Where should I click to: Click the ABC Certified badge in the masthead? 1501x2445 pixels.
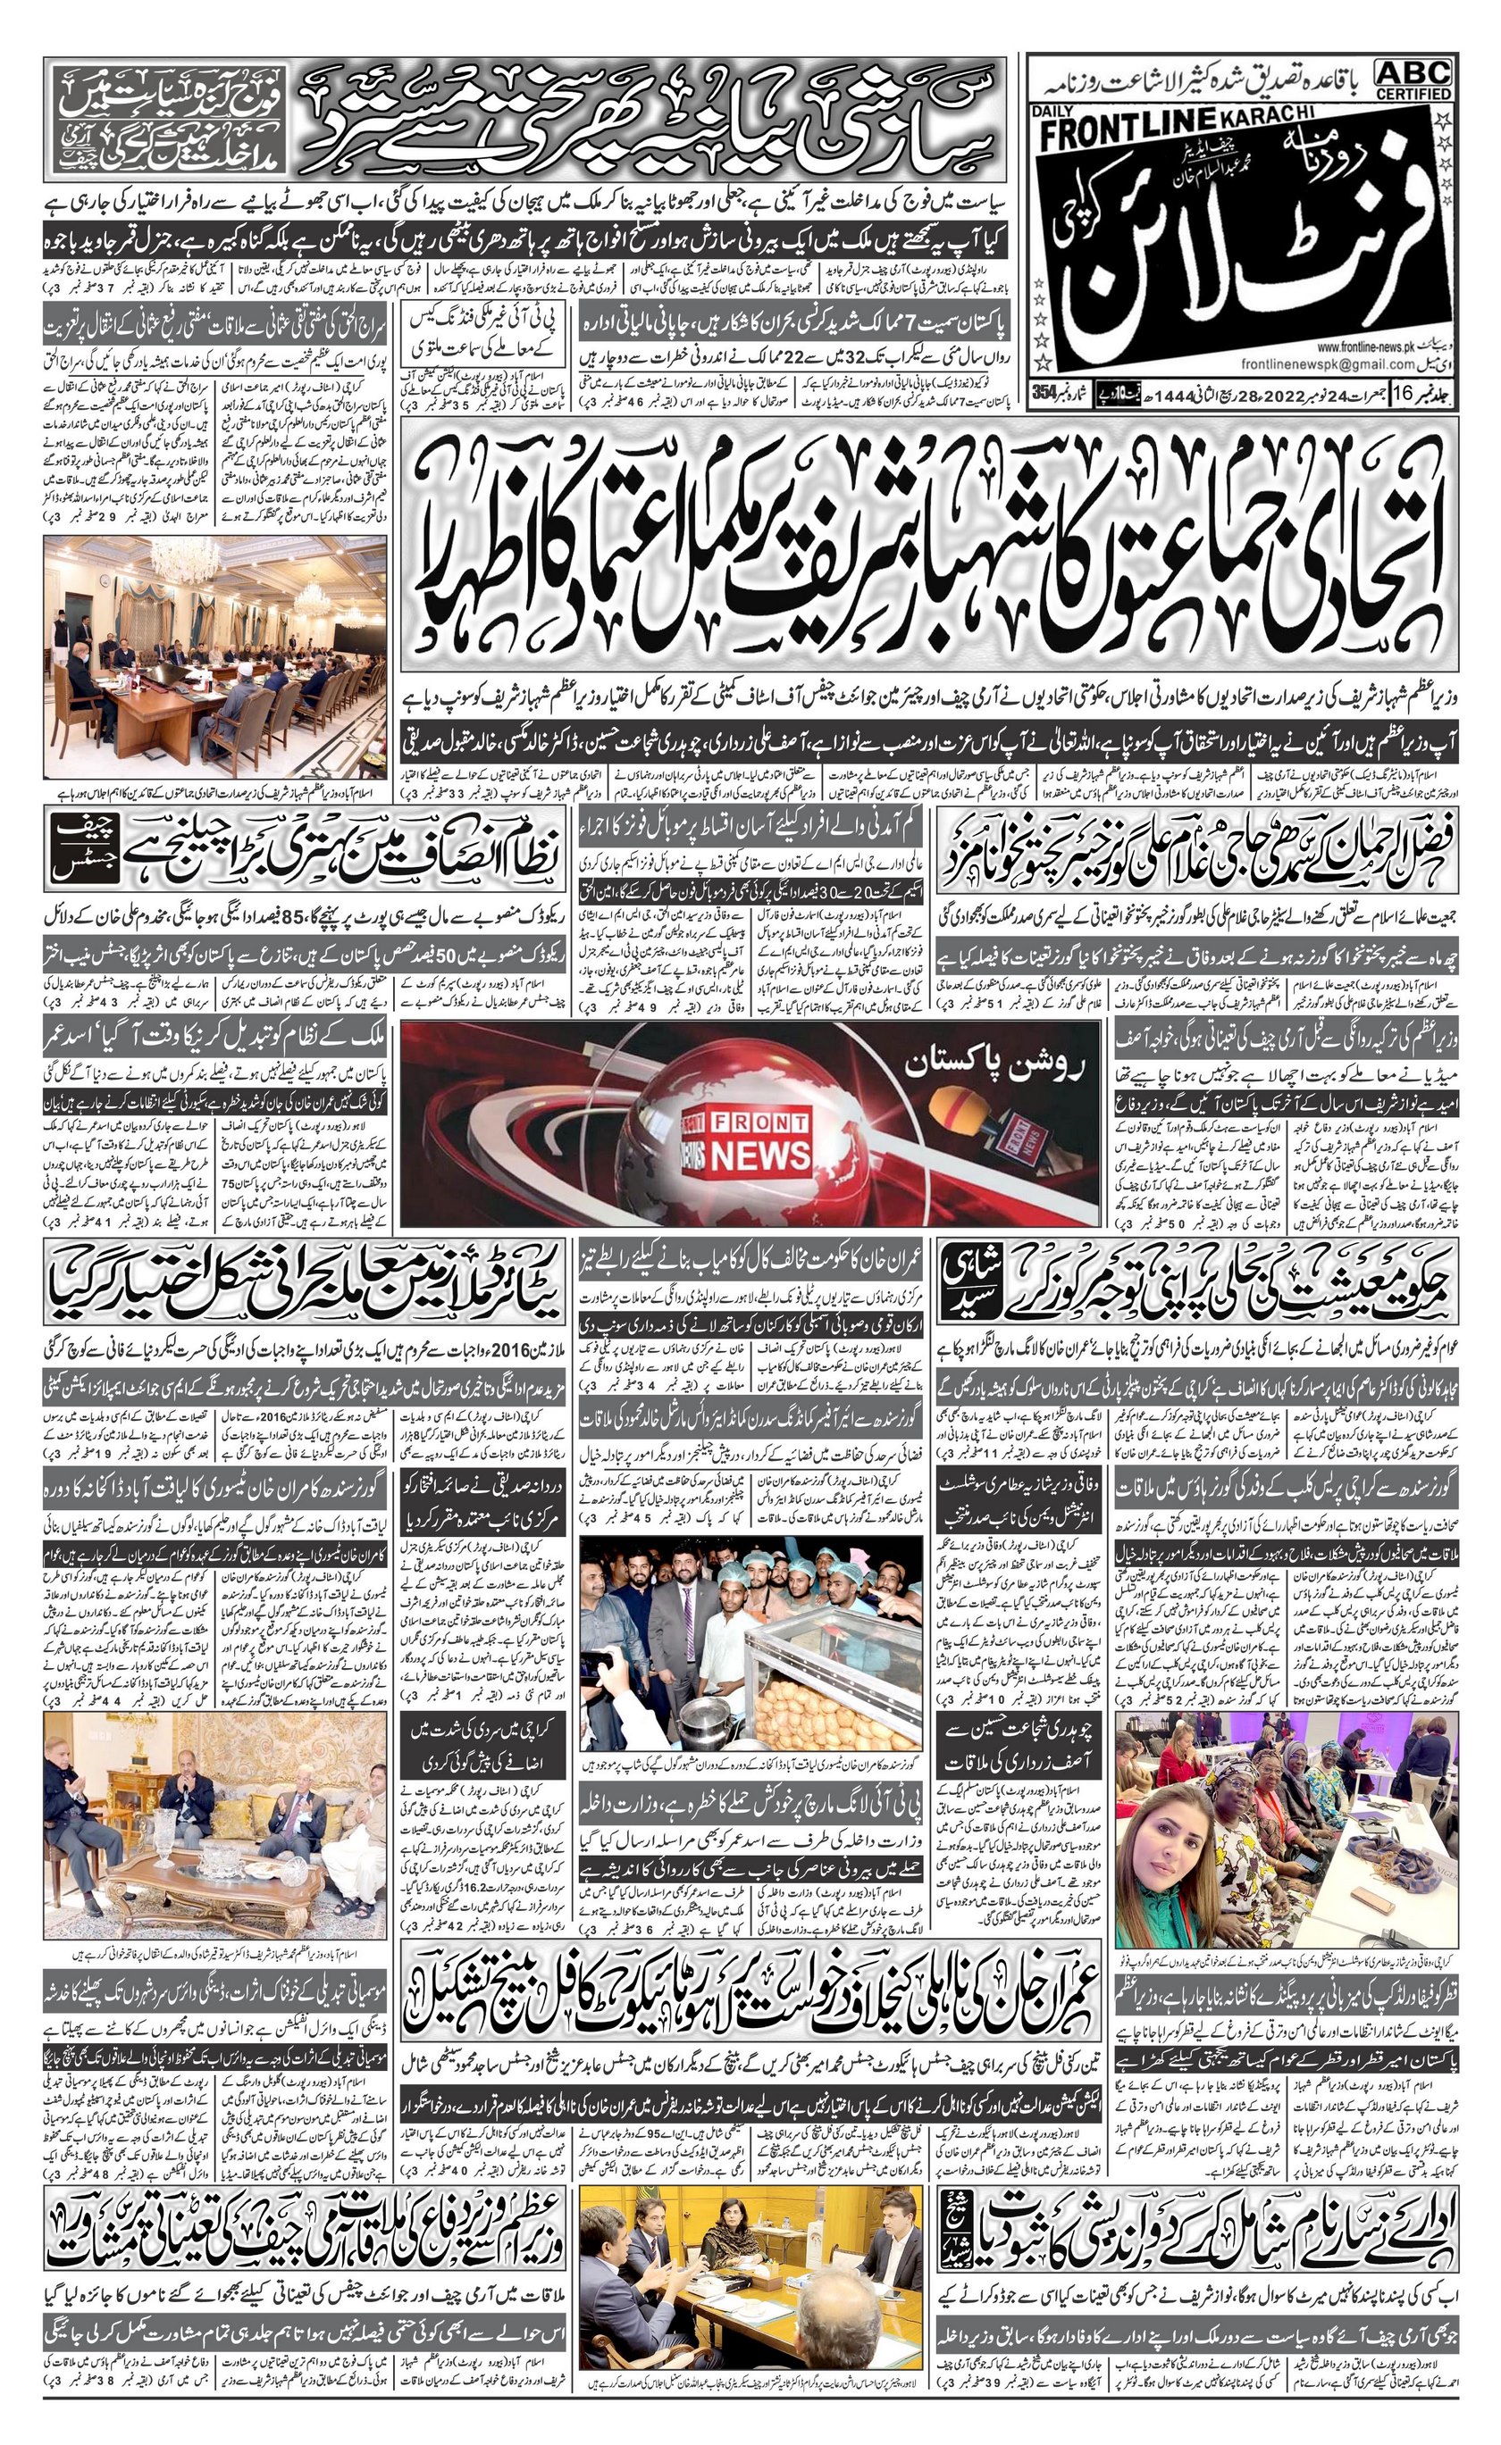[x=1413, y=79]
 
